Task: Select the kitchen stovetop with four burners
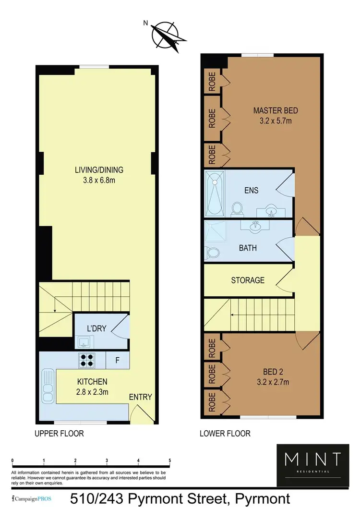point(88,360)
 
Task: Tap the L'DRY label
point(96,328)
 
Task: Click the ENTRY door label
point(141,397)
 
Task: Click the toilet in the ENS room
point(236,208)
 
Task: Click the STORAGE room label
point(248,280)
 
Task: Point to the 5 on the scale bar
point(170,461)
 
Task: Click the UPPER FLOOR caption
point(59,434)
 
